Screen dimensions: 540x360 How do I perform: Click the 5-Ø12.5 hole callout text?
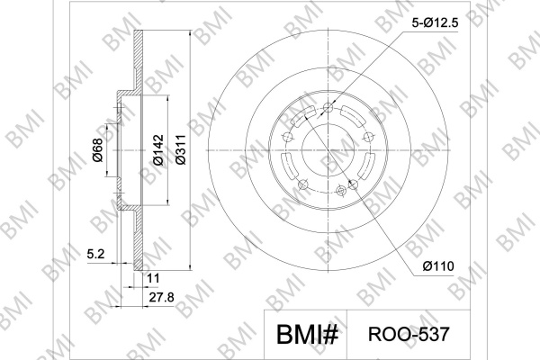tap(436, 22)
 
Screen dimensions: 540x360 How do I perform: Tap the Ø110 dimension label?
tap(438, 266)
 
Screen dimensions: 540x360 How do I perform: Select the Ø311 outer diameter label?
tap(181, 150)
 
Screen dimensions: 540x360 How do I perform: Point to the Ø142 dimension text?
tap(158, 150)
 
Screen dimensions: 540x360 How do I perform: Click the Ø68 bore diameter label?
tap(97, 150)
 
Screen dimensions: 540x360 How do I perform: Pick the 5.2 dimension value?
tap(95, 254)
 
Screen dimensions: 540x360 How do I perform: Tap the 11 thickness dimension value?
tap(153, 278)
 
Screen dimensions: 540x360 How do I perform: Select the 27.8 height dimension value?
tap(161, 297)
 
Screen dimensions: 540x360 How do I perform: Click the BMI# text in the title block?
tap(307, 335)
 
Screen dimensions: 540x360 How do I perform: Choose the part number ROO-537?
tap(409, 334)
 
